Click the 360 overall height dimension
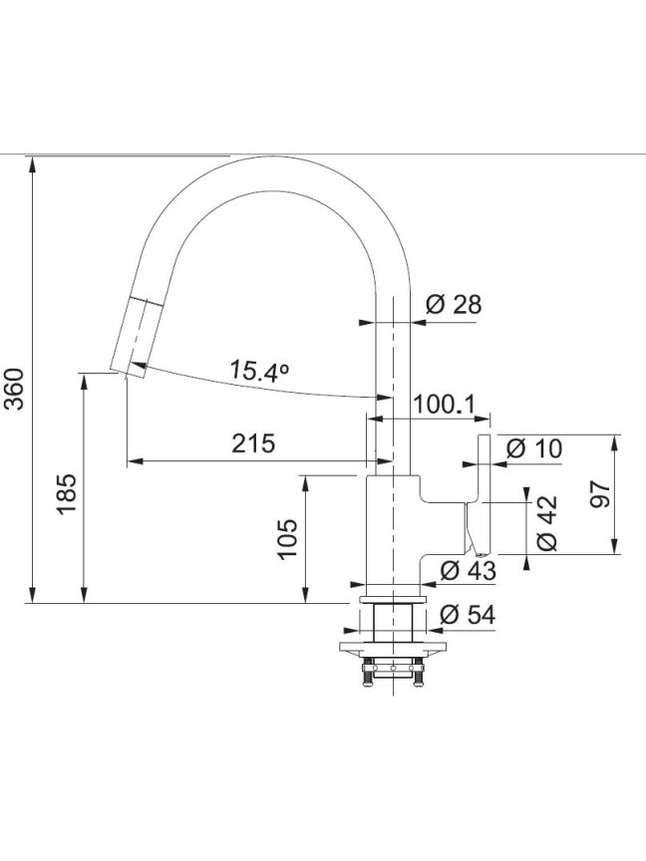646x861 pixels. click(15, 389)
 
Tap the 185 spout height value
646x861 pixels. click(67, 493)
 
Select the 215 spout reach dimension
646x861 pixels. click(252, 443)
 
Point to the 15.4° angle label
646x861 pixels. click(258, 371)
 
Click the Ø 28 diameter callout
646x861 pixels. click(454, 304)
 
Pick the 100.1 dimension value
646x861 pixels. click(444, 405)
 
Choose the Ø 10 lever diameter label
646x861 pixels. click(534, 448)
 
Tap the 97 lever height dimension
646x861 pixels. click(599, 494)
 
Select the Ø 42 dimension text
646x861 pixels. click(547, 523)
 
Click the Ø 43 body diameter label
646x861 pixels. click(469, 571)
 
